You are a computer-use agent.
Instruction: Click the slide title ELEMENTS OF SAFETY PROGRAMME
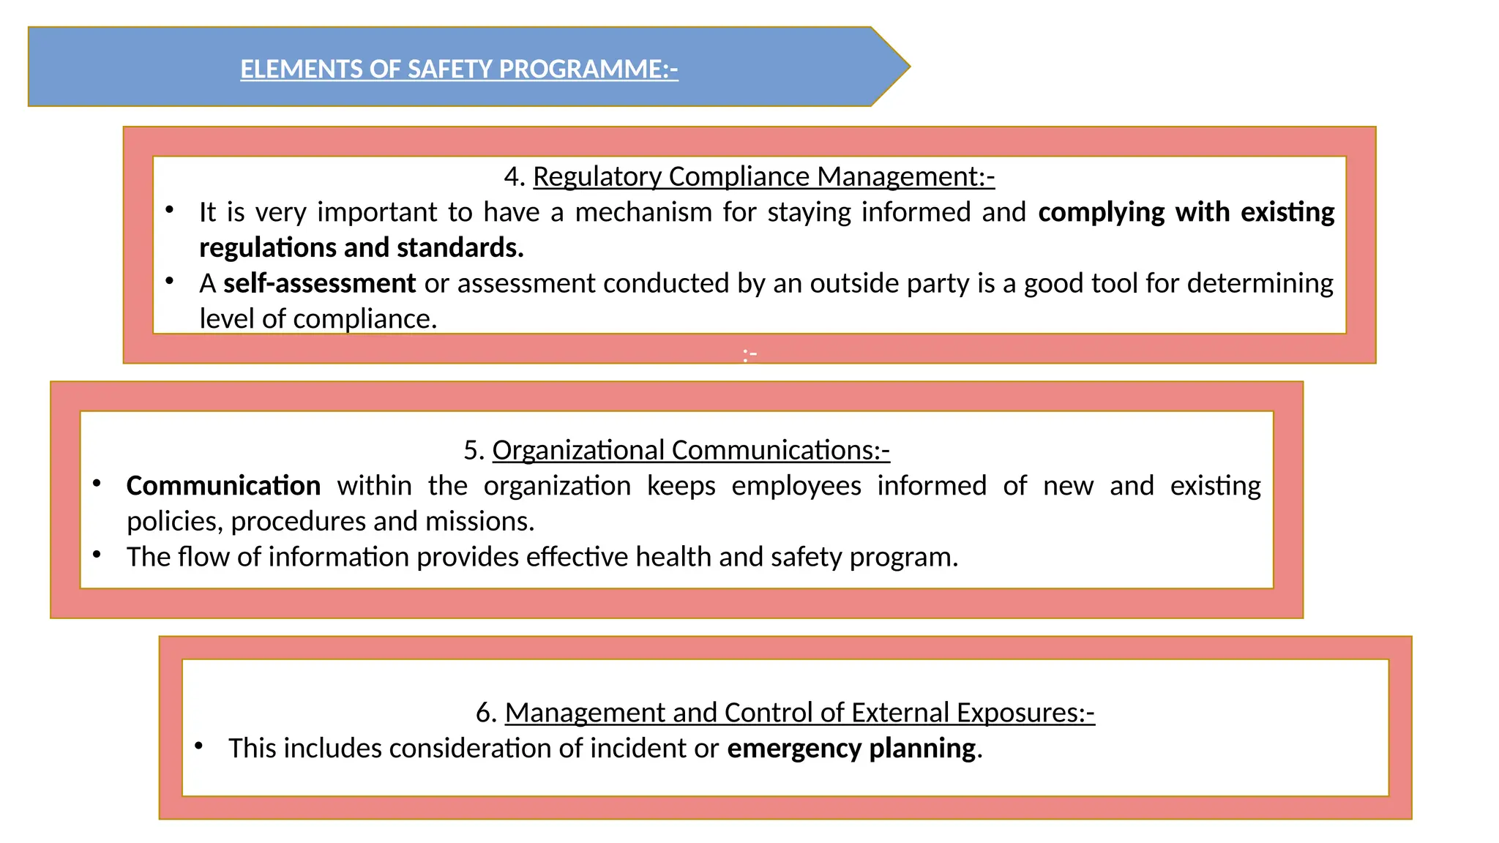[459, 69]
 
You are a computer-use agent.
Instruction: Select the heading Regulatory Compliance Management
[763, 176]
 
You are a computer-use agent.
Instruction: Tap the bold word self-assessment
[319, 283]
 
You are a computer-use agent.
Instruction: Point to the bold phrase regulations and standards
[361, 247]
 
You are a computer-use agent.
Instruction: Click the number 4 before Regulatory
[512, 176]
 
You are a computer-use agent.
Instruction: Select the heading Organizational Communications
[690, 450]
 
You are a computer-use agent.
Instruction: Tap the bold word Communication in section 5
[223, 486]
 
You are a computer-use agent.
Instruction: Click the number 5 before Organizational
[472, 450]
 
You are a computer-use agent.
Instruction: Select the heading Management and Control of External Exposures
[799, 713]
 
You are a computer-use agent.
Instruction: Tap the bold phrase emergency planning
[851, 749]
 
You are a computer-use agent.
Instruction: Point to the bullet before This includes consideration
[198, 746]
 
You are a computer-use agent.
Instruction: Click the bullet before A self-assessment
[169, 281]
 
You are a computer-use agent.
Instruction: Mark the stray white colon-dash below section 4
[749, 356]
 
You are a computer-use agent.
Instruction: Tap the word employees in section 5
[796, 486]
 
